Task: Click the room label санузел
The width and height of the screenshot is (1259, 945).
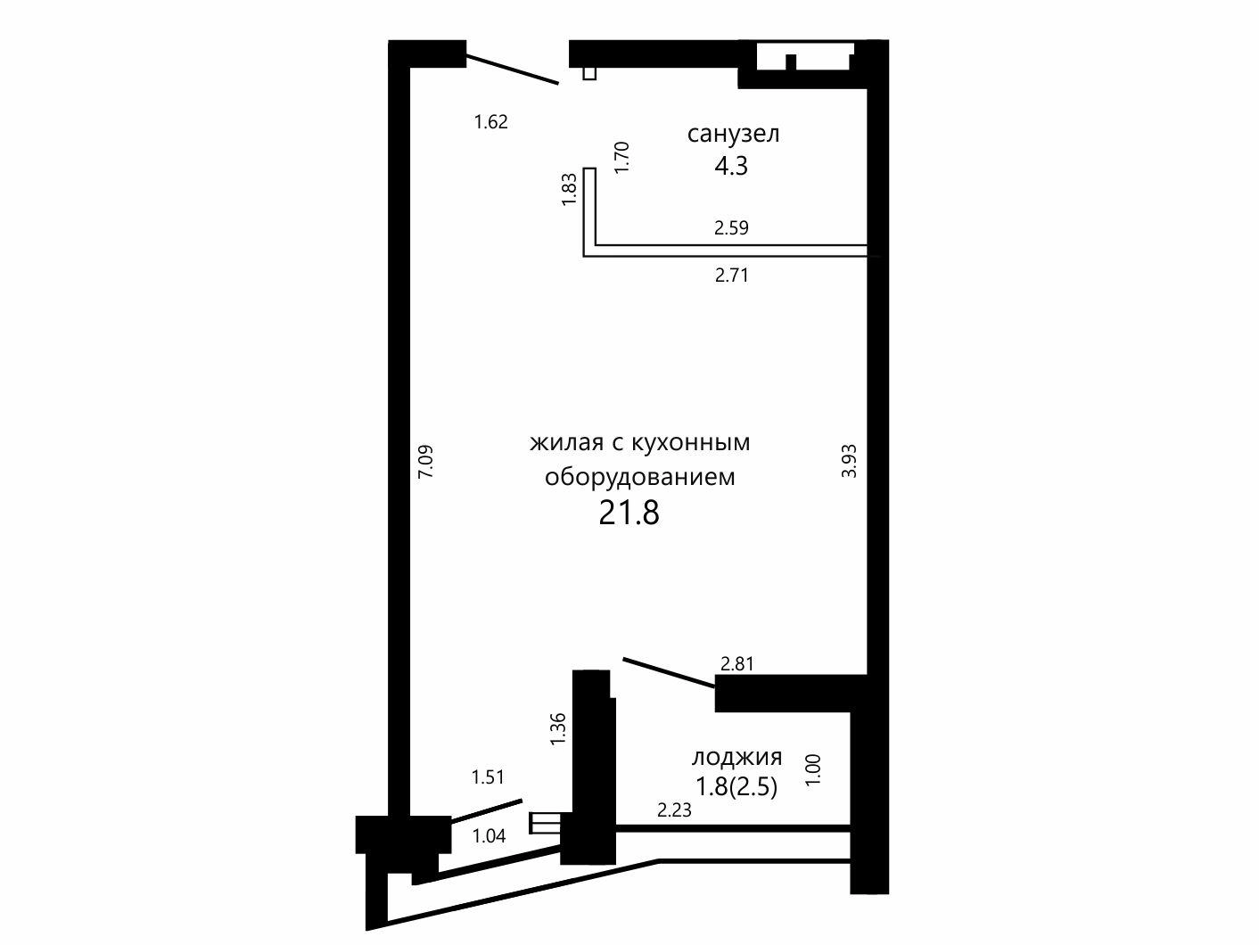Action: tap(733, 136)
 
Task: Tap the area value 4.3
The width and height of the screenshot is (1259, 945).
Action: tap(731, 166)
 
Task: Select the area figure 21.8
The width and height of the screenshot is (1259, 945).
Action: tap(629, 513)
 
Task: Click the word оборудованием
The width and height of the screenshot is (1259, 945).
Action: tap(639, 477)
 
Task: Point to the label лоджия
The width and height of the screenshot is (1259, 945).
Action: tap(736, 758)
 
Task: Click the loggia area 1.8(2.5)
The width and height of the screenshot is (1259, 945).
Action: tap(736, 786)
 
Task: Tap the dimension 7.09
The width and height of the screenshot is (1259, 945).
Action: tap(425, 462)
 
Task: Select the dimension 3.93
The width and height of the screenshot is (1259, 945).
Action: tap(849, 461)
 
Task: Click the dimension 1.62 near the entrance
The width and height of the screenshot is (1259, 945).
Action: tap(490, 122)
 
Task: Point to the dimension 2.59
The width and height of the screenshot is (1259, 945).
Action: tap(731, 227)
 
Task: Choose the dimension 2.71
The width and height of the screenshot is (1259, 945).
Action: tap(732, 275)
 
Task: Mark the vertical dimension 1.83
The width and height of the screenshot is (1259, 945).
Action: tap(568, 189)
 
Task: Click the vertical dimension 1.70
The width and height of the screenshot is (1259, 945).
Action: tap(621, 157)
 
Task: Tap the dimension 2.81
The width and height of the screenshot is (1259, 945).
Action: tap(737, 664)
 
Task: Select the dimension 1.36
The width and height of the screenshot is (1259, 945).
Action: tap(557, 729)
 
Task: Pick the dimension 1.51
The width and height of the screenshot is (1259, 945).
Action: tap(488, 777)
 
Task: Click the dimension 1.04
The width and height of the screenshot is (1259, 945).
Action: tap(489, 836)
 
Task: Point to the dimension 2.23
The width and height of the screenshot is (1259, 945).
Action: tap(674, 810)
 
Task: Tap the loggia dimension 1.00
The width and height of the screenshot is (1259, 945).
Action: tap(813, 770)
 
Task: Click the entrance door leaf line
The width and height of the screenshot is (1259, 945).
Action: tap(512, 70)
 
